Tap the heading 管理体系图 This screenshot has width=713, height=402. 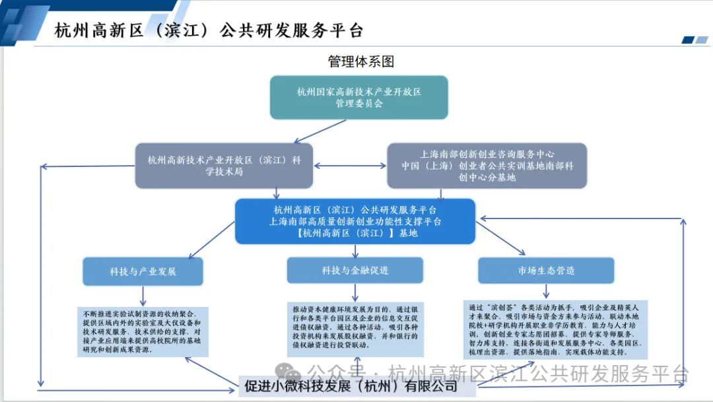pyautogui.click(x=360, y=61)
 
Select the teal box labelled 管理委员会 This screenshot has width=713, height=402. pyautogui.click(x=358, y=97)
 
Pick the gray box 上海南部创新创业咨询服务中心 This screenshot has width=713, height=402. pyautogui.click(x=487, y=165)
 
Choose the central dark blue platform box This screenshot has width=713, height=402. pyautogui.click(x=355, y=221)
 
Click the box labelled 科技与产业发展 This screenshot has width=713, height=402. pyautogui.click(x=143, y=271)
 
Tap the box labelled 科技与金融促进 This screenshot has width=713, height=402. pyautogui.click(x=355, y=270)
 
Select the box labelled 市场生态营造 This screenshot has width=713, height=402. pyautogui.click(x=546, y=270)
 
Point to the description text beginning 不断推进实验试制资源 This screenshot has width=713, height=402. pyautogui.click(x=143, y=331)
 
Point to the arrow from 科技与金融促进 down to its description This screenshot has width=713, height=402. pyautogui.click(x=355, y=292)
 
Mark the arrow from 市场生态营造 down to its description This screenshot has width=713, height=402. pyautogui.click(x=546, y=290)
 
